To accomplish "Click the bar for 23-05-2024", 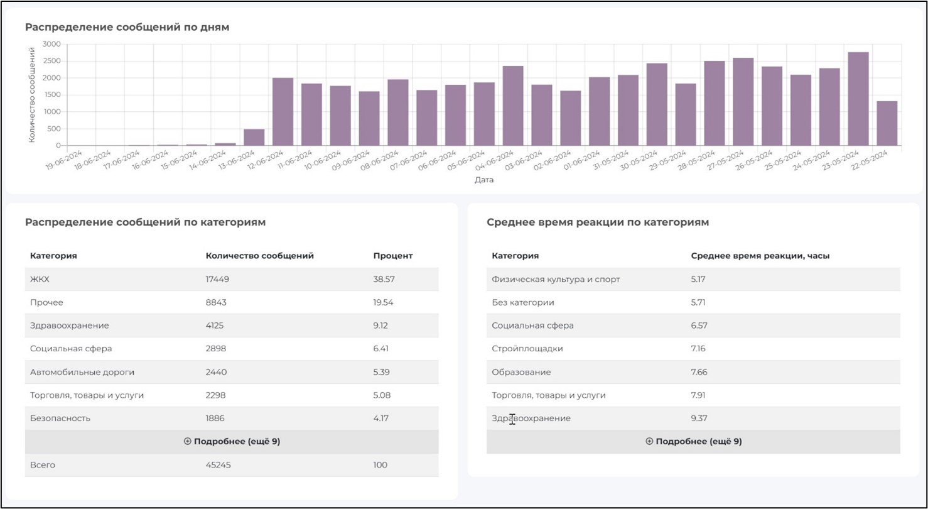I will (858, 99).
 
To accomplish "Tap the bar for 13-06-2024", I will (254, 137).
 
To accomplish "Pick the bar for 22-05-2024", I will (887, 123).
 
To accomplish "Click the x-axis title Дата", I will (483, 180).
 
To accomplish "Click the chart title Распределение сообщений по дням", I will (127, 28).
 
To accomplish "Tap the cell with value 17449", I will (217, 279).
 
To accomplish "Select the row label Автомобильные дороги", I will (82, 372).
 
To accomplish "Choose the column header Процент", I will (392, 256).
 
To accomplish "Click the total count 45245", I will (217, 465).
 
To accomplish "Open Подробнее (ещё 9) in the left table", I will (232, 441).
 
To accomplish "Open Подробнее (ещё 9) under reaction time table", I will (693, 441).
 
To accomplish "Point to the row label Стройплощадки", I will (527, 348).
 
